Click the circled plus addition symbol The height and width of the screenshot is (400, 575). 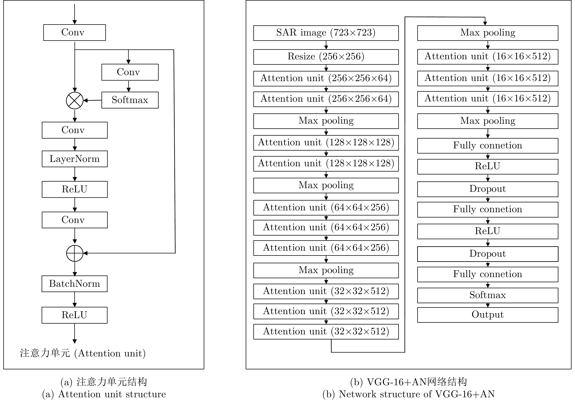[75, 253]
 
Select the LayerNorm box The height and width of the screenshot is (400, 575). [75, 159]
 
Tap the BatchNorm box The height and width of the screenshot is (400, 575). [75, 284]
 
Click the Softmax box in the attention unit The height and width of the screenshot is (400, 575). [130, 100]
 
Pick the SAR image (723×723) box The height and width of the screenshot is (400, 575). [326, 33]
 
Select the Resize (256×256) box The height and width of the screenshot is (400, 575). [326, 57]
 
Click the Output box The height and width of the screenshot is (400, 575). [487, 315]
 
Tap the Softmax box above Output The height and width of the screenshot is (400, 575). [487, 295]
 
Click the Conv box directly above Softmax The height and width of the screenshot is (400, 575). [130, 72]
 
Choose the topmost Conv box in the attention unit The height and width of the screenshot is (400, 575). [74, 32]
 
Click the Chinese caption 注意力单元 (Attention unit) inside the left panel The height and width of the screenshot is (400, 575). [83, 353]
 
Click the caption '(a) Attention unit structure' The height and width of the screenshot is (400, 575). [104, 394]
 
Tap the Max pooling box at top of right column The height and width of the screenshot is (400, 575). [487, 33]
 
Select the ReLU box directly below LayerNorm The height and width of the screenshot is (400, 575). [75, 189]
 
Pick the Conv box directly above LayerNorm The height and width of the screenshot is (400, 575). [75, 130]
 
